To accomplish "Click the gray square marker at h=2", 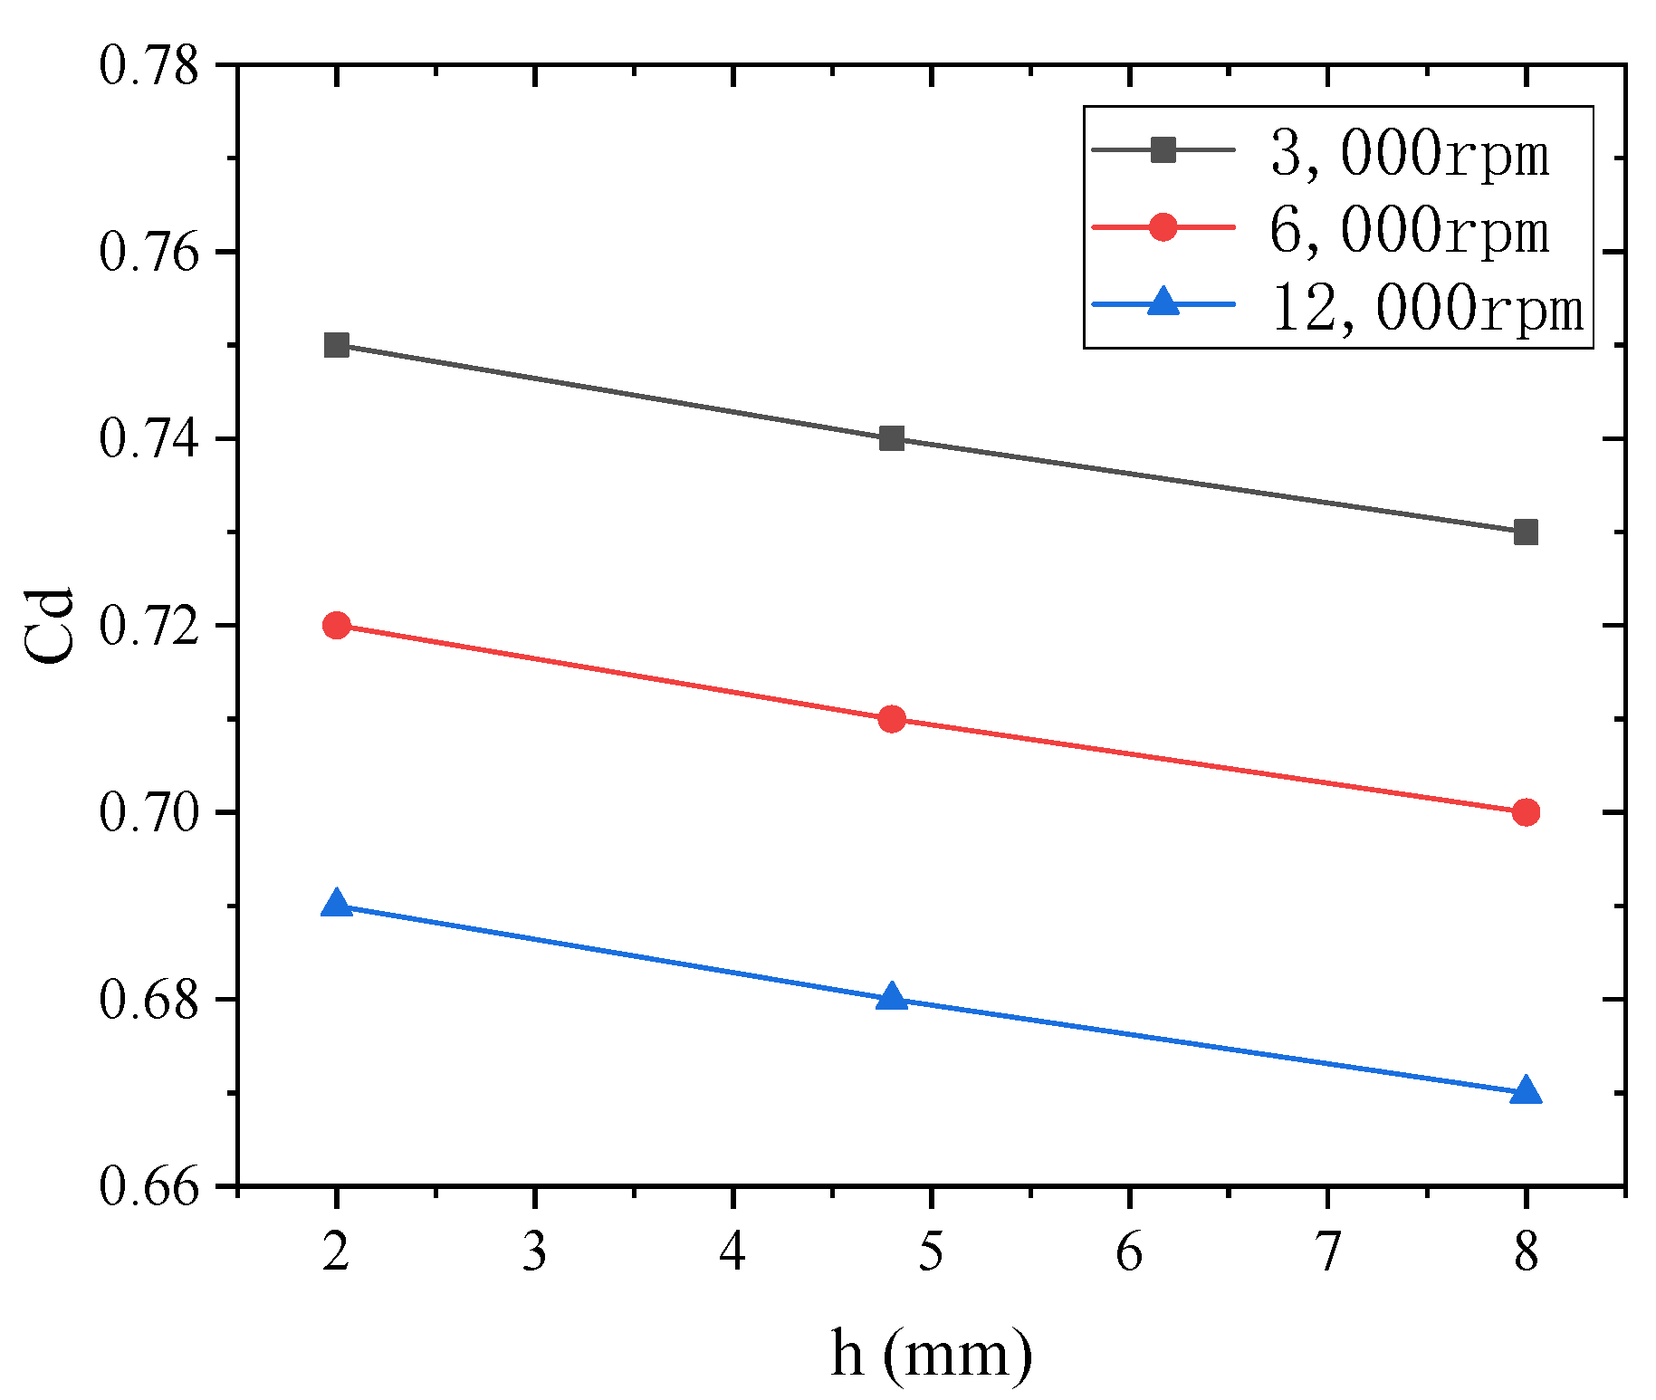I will (x=336, y=345).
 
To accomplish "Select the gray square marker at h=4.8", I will (x=892, y=439).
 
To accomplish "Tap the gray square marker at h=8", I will (x=1526, y=532).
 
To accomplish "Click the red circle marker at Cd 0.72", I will (x=336, y=626).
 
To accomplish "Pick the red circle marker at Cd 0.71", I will (x=892, y=719).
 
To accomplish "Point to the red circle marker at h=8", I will (x=1526, y=812).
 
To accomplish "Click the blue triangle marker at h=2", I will (x=336, y=904).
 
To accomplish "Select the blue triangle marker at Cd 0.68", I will (x=892, y=997).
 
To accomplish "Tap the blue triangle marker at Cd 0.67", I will (x=1526, y=1090).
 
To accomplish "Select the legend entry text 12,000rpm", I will (x=1428, y=308).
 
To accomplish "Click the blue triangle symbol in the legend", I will (x=1163, y=302).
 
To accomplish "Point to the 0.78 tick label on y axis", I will (x=148, y=66).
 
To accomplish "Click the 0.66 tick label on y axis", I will (x=148, y=1186).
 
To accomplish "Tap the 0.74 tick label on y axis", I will (x=148, y=439).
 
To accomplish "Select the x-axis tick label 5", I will (x=931, y=1253).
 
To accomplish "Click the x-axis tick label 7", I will (x=1327, y=1253).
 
